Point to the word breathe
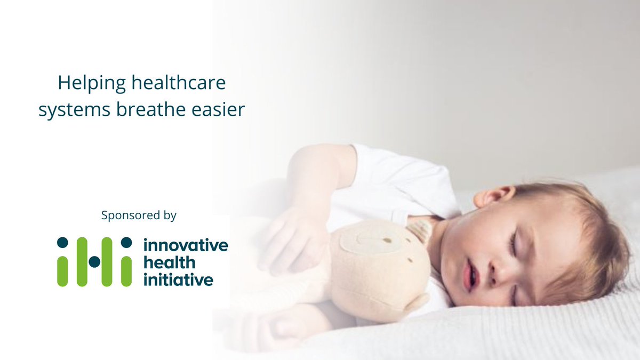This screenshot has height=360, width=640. tap(146, 110)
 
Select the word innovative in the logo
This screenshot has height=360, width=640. tap(185, 246)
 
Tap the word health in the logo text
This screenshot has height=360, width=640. tap(169, 262)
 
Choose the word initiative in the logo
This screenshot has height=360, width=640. tap(178, 279)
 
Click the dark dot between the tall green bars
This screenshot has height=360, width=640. tap(94, 261)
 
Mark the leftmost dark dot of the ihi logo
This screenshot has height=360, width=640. tap(62, 243)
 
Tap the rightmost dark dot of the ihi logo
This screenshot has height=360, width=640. tap(126, 243)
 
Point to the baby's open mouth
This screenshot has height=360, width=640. tap(469, 276)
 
